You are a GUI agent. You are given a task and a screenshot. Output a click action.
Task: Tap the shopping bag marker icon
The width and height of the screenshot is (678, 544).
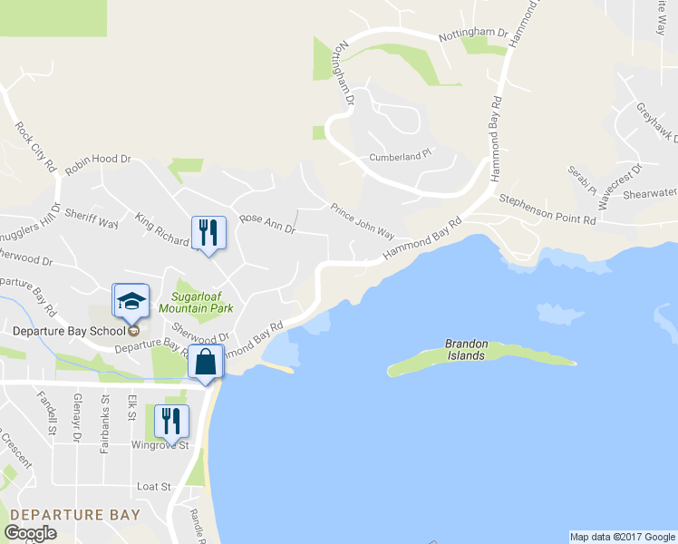pos(206,362)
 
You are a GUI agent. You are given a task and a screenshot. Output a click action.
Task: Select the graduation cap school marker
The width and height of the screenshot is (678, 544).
pos(131,300)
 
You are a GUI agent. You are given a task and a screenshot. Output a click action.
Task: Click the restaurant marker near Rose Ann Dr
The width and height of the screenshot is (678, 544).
pos(208,233)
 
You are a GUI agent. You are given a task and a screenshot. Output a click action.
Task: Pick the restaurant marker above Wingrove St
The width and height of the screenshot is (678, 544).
pos(169,422)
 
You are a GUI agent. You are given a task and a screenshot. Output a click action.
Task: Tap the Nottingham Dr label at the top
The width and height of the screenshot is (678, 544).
pos(472,34)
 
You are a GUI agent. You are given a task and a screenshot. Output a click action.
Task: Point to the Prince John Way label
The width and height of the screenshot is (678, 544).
pos(362,219)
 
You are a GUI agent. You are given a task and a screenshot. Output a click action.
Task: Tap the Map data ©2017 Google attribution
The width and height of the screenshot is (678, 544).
pos(622,537)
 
